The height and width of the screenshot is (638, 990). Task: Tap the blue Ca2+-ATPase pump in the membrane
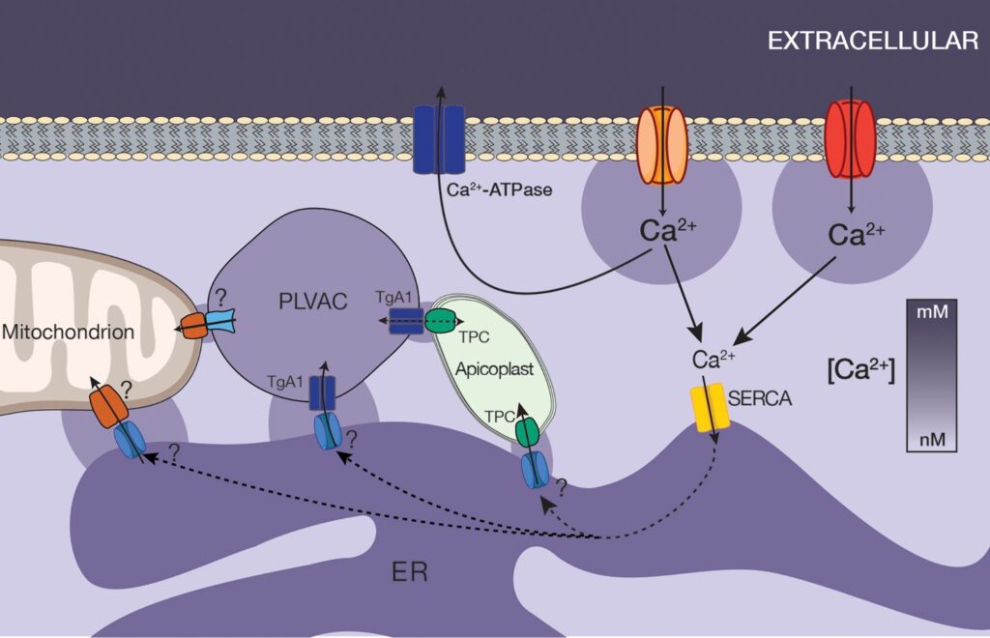click(439, 139)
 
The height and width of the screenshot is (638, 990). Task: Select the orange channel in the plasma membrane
click(662, 144)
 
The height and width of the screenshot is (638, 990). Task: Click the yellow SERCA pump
click(709, 410)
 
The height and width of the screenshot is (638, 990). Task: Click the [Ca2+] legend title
click(860, 370)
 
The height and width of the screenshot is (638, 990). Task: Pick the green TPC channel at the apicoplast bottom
click(528, 430)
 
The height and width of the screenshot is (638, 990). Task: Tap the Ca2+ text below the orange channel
click(668, 233)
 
